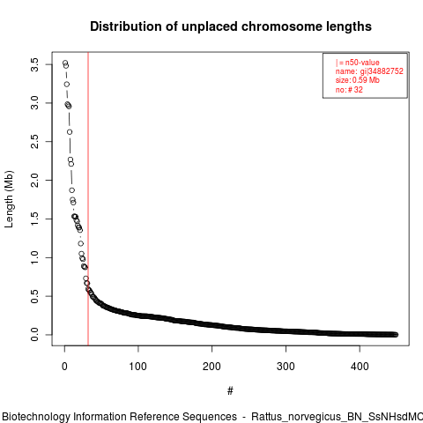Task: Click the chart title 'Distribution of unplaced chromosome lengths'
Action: coord(231,26)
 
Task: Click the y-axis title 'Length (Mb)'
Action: coord(9,199)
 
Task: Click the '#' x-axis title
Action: coord(230,391)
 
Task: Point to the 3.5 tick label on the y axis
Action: coord(34,64)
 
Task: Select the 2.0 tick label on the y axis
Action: coord(34,180)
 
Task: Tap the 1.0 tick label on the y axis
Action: coord(34,257)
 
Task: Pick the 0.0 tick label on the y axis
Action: coord(34,335)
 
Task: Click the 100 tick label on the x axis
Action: coord(138,367)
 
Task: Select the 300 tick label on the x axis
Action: coord(286,367)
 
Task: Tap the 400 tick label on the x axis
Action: coord(360,367)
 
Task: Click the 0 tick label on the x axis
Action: coord(64,367)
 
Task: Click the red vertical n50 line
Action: coord(88,199)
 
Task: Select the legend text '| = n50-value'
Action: coord(358,63)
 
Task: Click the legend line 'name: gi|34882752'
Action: coord(369,71)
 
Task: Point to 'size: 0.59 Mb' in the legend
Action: coord(358,80)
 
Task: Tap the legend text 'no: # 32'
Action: coord(349,90)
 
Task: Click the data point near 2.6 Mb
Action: coord(70,132)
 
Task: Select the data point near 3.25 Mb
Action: coord(67,85)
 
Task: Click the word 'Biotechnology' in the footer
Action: coord(36,417)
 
